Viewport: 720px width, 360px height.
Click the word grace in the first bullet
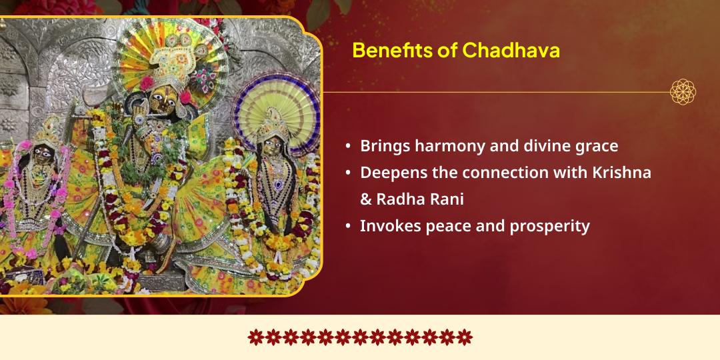tap(595, 146)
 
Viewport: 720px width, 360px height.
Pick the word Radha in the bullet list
tap(398, 199)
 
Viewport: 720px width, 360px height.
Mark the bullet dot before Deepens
tap(348, 172)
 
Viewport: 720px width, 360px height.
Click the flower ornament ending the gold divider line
tap(683, 92)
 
